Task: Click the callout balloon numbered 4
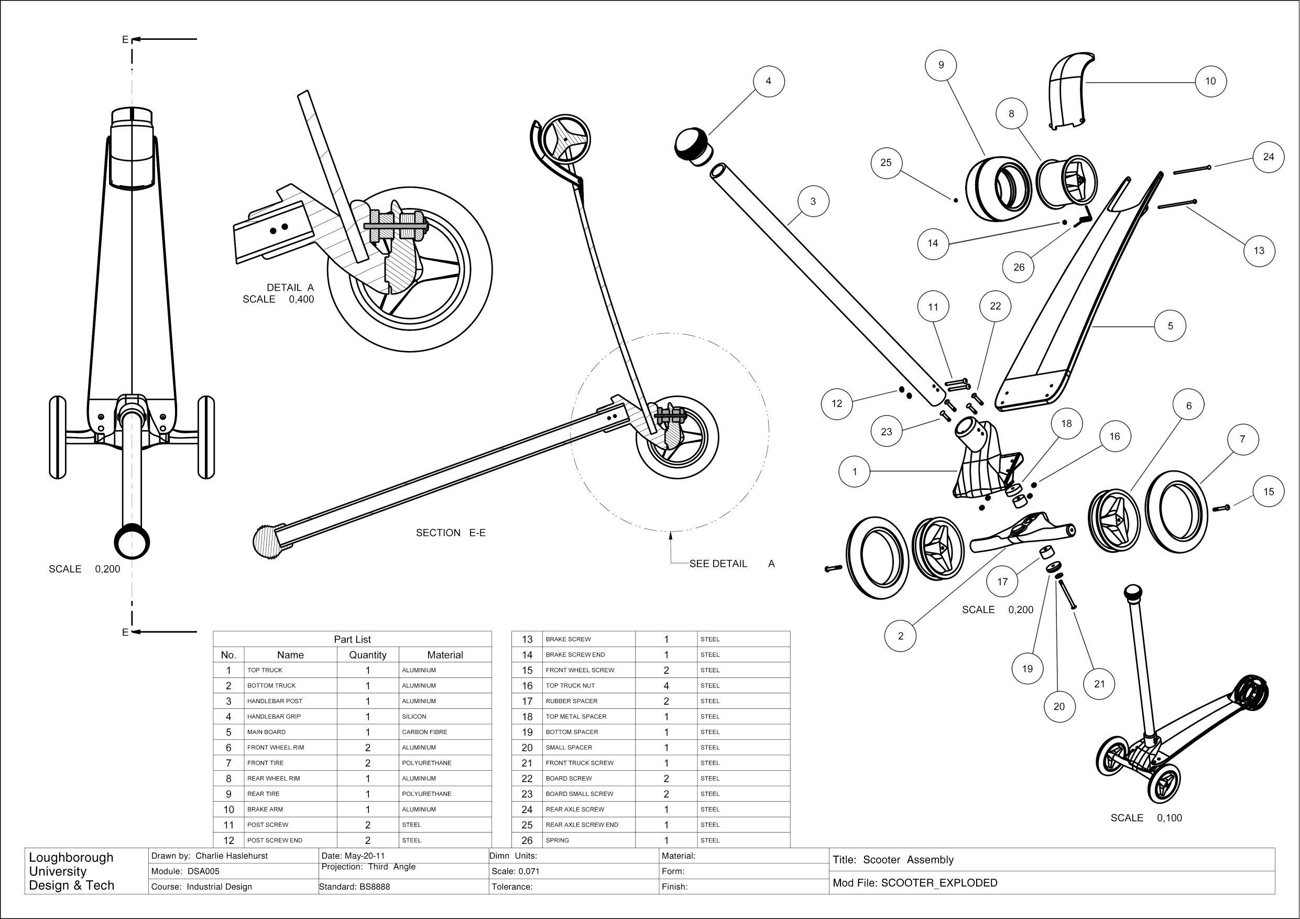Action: coord(768,81)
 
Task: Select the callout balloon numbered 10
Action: coord(1210,81)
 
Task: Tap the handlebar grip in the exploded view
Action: coord(694,146)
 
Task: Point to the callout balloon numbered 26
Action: coord(1019,267)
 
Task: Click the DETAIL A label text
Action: coord(290,288)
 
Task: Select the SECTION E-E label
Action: coord(451,533)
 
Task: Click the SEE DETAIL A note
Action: coord(731,563)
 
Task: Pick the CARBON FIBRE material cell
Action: coord(424,732)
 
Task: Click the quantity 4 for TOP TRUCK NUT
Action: coord(666,686)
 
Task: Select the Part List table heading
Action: coord(352,639)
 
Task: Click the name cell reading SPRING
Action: coord(557,840)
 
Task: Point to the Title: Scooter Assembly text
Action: coord(893,860)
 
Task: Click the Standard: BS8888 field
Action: coord(354,887)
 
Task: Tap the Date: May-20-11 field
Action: coord(353,856)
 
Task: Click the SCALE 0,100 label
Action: coord(1146,818)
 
